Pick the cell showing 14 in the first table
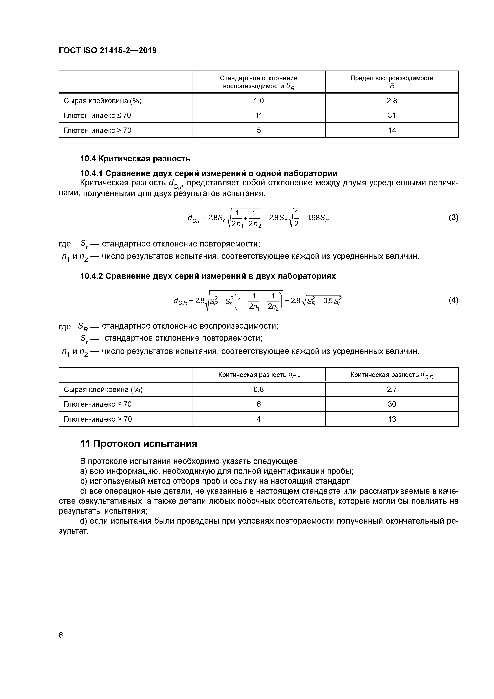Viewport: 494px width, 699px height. click(392, 130)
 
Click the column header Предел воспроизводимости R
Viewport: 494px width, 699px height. click(392, 82)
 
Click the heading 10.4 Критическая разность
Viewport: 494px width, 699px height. click(135, 159)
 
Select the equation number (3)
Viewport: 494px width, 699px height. click(453, 218)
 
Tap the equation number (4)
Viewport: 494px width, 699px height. click(453, 300)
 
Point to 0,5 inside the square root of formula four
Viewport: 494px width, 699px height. click(328, 301)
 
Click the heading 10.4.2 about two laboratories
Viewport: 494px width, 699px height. click(208, 276)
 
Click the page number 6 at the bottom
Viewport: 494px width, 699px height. click(61, 635)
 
